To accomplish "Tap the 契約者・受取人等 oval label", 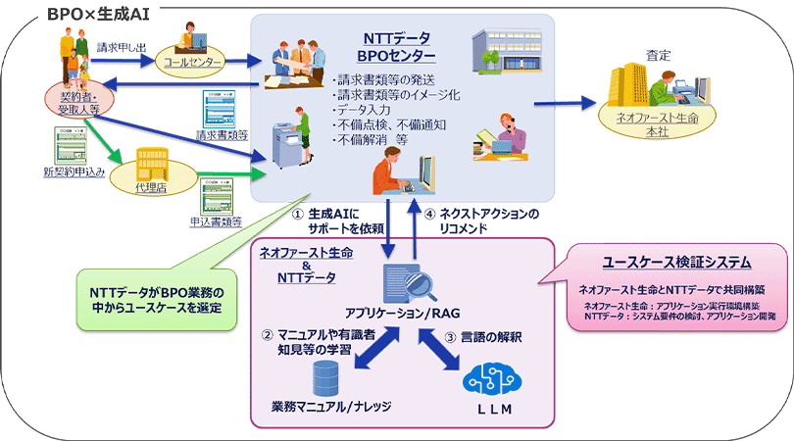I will point(73,100).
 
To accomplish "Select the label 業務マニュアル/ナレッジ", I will point(331,406).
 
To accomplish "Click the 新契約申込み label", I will point(74,172).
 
